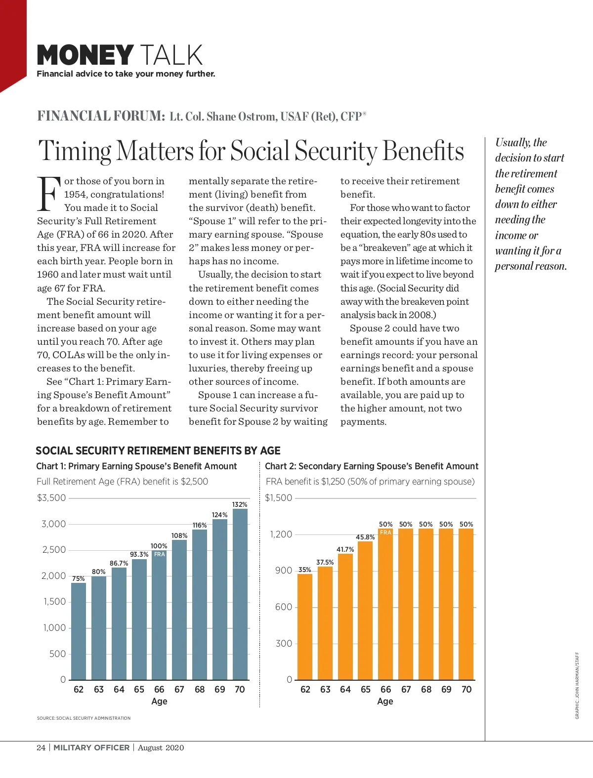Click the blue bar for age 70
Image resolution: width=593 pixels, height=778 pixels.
(x=240, y=595)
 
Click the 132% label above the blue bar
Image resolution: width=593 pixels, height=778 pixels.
(x=240, y=504)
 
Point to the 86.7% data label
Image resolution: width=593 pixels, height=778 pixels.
(x=119, y=563)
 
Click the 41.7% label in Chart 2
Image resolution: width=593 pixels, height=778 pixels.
(x=345, y=549)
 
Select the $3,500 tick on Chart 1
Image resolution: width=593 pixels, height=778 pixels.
(x=51, y=498)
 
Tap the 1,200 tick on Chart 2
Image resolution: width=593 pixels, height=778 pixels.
(x=281, y=534)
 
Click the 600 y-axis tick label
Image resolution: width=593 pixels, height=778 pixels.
(x=284, y=607)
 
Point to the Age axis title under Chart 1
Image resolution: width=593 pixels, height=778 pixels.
(x=159, y=701)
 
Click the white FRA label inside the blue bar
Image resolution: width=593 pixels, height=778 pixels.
(x=159, y=554)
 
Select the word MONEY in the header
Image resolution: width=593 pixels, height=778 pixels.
(x=85, y=55)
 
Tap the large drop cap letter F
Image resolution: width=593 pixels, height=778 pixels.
(x=49, y=194)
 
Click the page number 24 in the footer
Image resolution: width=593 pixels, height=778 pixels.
(x=41, y=747)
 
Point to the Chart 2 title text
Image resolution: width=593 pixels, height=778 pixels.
(x=372, y=466)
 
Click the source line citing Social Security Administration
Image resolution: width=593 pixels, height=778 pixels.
(x=84, y=718)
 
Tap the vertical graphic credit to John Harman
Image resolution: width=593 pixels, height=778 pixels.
(x=577, y=686)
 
